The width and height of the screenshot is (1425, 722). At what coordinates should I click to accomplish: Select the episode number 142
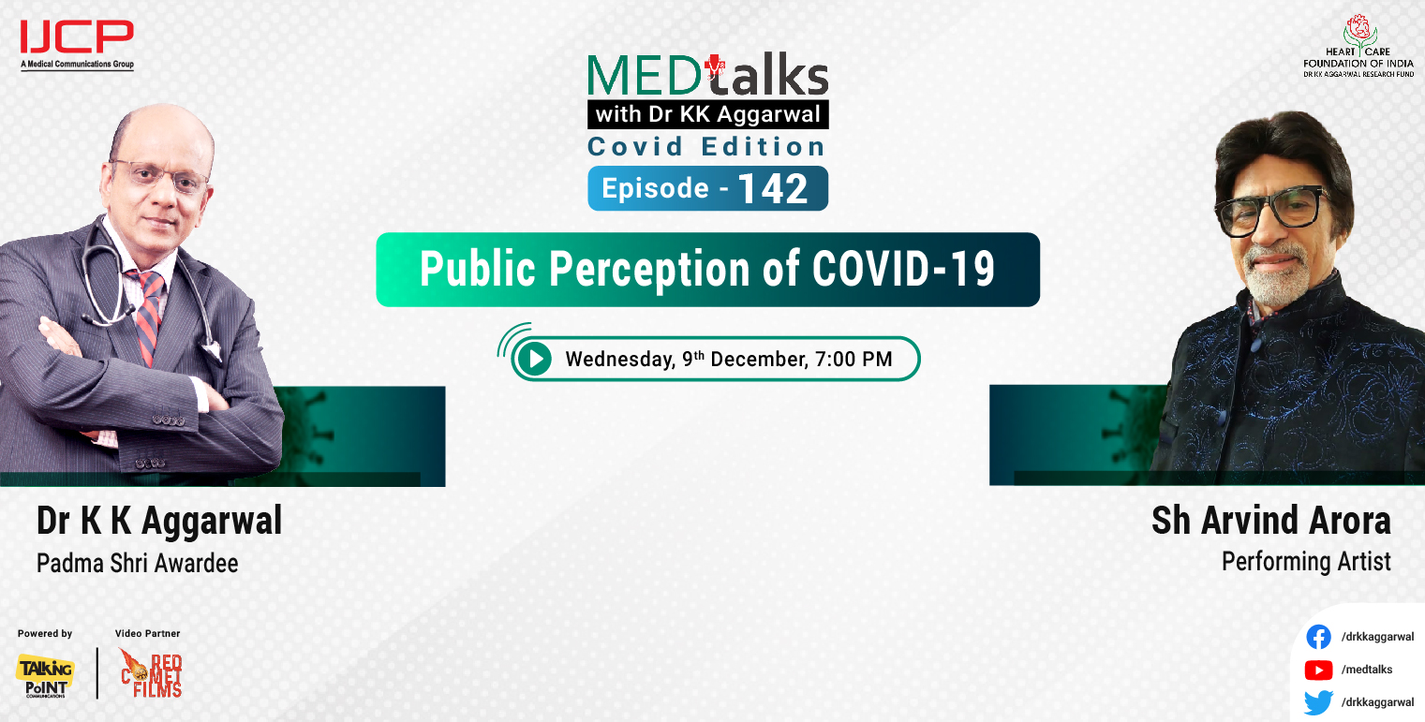point(773,189)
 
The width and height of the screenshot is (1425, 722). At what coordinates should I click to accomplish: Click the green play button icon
point(534,359)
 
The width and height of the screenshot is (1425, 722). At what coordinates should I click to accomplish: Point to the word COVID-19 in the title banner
point(903,269)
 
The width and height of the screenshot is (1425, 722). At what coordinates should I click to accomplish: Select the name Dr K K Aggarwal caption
point(159,521)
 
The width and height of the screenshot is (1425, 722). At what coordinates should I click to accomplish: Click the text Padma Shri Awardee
point(137,564)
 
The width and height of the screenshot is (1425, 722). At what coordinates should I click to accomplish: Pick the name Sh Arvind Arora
point(1270,521)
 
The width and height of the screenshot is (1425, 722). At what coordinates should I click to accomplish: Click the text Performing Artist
point(1306,562)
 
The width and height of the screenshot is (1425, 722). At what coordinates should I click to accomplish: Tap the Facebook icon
point(1318,637)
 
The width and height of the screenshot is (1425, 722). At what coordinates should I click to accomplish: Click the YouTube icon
point(1318,670)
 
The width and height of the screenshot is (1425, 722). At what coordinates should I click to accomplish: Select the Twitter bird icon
point(1318,702)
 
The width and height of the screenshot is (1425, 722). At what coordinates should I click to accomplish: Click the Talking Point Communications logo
point(44,675)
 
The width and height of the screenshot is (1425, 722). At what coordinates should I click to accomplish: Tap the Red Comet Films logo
point(151,673)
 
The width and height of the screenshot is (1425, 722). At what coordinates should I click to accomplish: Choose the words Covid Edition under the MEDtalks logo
point(706,147)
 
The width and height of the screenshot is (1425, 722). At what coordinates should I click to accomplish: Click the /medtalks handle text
point(1367,670)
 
